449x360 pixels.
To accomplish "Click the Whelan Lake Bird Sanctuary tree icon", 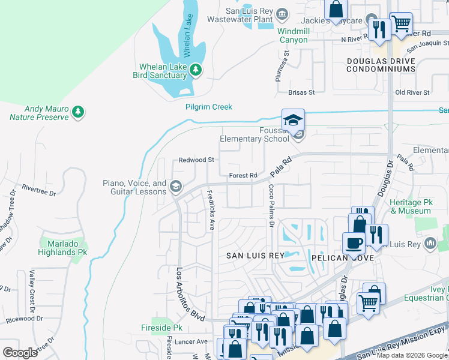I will [195, 71].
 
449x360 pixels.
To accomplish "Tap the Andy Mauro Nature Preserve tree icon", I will [77, 112].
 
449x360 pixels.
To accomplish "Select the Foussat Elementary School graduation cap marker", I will [294, 119].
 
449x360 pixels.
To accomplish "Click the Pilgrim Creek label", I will [208, 107].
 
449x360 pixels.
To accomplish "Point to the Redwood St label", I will [196, 160].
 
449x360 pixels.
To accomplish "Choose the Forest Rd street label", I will [243, 175].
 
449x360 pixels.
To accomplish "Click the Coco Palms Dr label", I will [271, 210].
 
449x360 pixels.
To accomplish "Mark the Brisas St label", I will [301, 92].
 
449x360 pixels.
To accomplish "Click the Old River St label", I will [412, 92].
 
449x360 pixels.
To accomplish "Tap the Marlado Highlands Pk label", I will [64, 248].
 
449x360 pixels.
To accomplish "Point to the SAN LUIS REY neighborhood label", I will [255, 256].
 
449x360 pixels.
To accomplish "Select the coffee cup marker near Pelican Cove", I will [353, 244].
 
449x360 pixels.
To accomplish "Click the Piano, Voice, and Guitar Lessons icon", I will [176, 186].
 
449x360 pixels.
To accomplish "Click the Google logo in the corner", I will [20, 353].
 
